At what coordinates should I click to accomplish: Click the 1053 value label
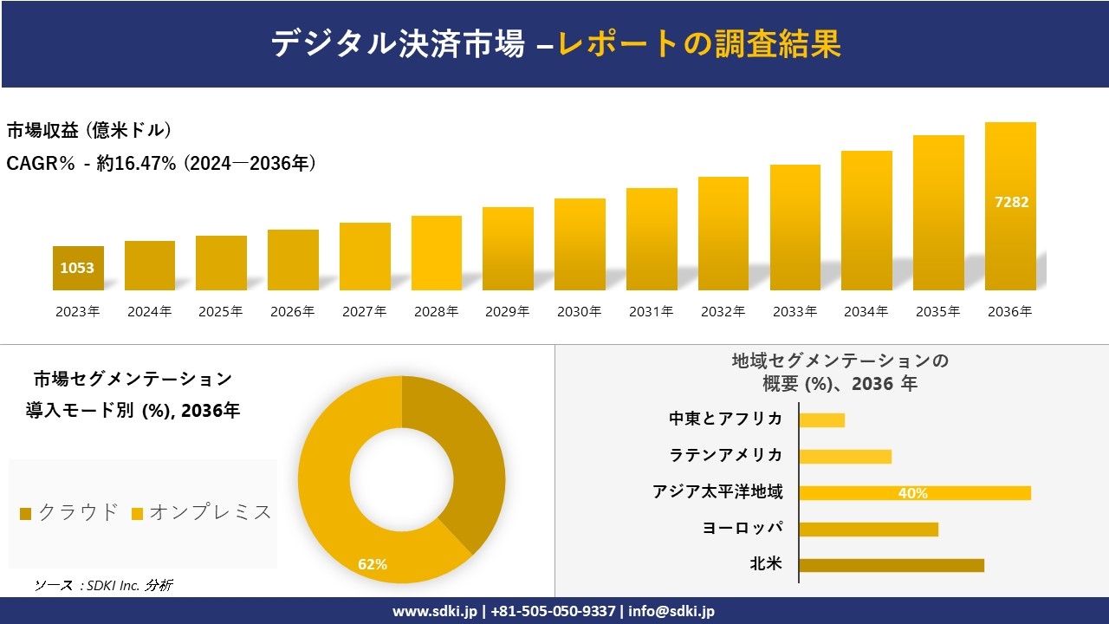77,269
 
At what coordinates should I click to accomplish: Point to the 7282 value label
1011,202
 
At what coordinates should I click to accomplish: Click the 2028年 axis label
436,312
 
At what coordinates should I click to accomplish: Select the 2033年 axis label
794,312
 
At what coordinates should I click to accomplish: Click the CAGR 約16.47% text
161,163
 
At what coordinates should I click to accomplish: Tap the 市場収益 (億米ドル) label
89,131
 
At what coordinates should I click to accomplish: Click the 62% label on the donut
373,565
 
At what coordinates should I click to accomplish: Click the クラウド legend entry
69,512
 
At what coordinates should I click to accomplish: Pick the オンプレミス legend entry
202,512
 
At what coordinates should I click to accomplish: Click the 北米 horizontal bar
891,565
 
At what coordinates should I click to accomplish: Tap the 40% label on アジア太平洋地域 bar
913,493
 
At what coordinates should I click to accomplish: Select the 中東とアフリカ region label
725,419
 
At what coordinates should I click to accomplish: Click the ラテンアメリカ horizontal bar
845,457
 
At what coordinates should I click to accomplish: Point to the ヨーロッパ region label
743,529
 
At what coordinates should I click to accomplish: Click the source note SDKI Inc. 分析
104,586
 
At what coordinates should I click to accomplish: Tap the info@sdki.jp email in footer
671,611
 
